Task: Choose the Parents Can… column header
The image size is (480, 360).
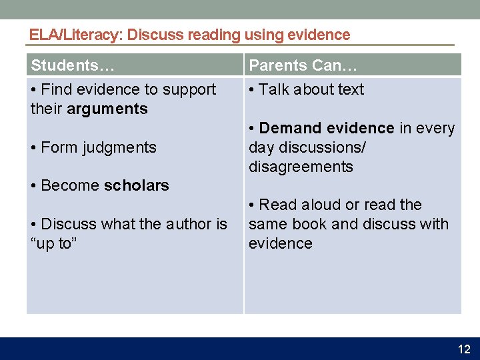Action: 303,65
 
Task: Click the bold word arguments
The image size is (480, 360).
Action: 107,109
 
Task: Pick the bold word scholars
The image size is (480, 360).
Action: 137,185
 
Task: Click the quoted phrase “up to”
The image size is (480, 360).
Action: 54,243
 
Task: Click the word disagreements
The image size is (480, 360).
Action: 301,167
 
